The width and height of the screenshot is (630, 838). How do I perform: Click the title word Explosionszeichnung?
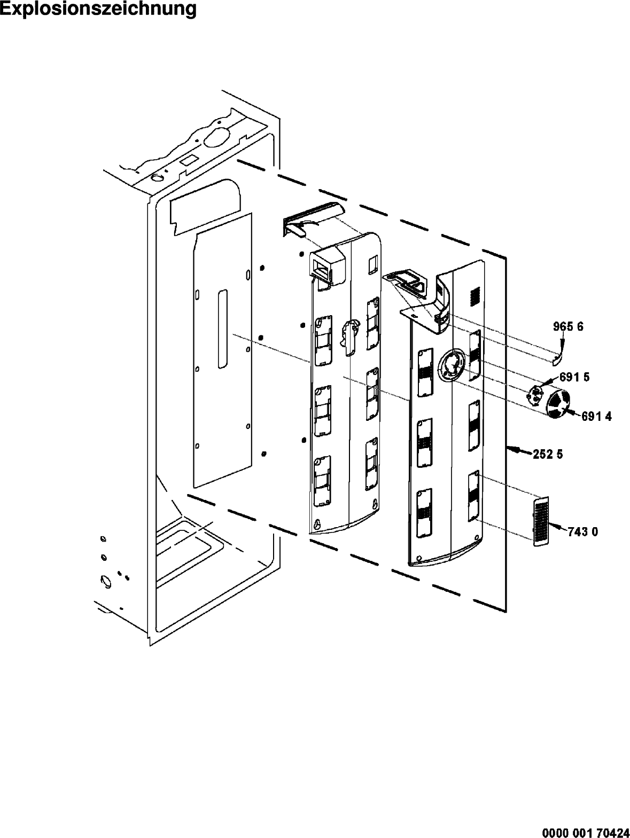pos(98,9)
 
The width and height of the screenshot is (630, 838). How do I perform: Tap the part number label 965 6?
pos(568,327)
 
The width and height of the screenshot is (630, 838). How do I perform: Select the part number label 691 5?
pos(574,377)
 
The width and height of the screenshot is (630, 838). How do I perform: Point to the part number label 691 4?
pos(596,417)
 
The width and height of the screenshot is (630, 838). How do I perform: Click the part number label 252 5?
pos(548,455)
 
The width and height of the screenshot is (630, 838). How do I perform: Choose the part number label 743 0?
pos(582,532)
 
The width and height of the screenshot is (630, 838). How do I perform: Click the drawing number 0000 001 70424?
pos(586,829)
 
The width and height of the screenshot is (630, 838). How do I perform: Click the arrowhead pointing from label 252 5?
pos(512,450)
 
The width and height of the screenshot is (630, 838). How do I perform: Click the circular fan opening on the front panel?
pos(452,366)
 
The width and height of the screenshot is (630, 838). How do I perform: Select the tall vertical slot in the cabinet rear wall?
pos(223,329)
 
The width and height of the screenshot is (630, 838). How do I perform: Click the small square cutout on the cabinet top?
pos(188,160)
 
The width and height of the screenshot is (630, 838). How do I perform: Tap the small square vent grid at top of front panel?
pos(474,296)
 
